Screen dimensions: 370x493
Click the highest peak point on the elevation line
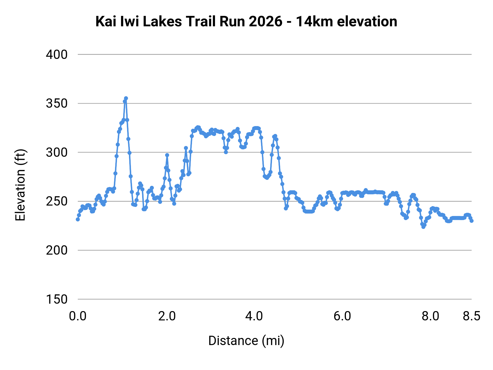click(x=126, y=98)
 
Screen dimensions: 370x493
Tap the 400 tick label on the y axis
click(x=57, y=55)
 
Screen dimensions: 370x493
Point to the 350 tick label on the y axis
click(x=57, y=104)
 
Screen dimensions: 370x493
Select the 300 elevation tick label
click(x=57, y=152)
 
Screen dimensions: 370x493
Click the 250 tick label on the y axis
click(x=57, y=201)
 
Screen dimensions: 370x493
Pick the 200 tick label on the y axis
click(x=57, y=250)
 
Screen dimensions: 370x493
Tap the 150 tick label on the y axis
click(x=57, y=299)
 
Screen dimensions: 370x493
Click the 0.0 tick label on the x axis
click(x=78, y=316)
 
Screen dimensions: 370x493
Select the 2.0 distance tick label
click(x=167, y=316)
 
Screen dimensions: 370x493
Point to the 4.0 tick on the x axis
click(x=254, y=316)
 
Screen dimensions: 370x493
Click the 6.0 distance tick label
click(x=342, y=316)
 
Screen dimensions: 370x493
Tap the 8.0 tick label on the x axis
click(x=430, y=316)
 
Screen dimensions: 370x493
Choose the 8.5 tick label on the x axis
click(x=472, y=316)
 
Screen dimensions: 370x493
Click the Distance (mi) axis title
click(x=246, y=341)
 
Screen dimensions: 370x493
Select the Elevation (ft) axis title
click(x=20, y=185)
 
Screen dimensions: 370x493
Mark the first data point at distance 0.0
click(x=78, y=219)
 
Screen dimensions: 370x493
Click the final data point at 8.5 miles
click(x=471, y=221)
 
